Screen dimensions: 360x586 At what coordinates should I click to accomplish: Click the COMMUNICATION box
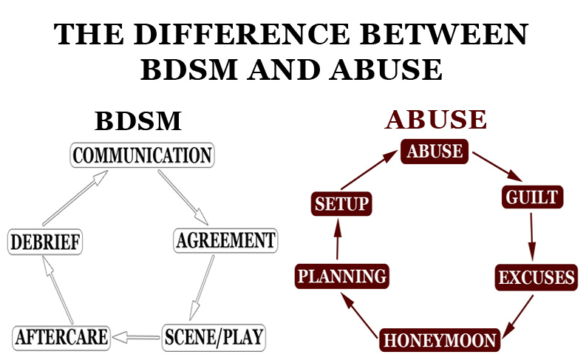click(143, 155)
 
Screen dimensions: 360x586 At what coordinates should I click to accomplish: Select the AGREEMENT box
click(225, 240)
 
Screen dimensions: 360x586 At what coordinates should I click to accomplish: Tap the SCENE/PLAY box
click(213, 337)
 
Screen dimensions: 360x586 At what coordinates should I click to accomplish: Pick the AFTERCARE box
click(61, 337)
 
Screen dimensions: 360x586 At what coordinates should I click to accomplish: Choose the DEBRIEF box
click(45, 242)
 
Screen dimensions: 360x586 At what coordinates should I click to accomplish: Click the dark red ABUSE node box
click(435, 152)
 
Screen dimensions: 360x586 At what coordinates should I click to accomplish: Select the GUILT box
click(531, 197)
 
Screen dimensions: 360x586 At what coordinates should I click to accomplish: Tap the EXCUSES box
click(536, 278)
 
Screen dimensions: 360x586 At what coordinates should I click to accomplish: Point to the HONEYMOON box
click(440, 341)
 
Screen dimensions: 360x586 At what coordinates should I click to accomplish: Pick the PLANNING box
click(341, 277)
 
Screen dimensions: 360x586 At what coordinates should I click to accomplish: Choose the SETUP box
click(341, 203)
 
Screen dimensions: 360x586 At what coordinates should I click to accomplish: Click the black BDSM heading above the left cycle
click(138, 122)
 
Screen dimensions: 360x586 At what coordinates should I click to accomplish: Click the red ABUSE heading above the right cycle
click(436, 120)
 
